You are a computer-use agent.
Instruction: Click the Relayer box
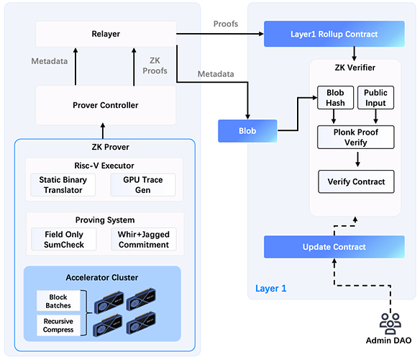point(106,34)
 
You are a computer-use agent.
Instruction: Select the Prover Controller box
point(106,105)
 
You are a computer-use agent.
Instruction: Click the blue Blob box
point(247,132)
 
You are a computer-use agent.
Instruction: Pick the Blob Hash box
point(334,98)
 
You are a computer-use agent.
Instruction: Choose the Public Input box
point(375,98)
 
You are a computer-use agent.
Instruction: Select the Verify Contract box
point(356,181)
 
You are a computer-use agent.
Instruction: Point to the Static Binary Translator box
point(60,184)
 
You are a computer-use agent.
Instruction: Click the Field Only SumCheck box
point(60,239)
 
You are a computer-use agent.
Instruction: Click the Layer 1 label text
point(270,289)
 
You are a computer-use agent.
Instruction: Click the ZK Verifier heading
point(356,68)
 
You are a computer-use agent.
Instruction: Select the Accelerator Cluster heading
point(102,276)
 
